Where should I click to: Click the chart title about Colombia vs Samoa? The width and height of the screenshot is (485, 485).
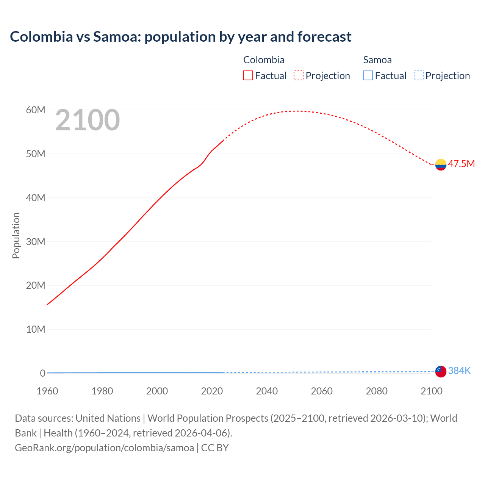point(181,37)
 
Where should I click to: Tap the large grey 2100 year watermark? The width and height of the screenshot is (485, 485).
point(88,120)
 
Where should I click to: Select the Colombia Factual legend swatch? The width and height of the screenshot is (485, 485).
point(248,75)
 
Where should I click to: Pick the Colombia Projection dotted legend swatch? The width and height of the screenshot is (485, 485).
point(298,75)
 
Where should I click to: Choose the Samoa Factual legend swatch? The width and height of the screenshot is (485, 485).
point(368,75)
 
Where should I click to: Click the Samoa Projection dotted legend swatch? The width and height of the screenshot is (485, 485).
point(418,75)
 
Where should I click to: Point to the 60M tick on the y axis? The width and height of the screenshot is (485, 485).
point(36,110)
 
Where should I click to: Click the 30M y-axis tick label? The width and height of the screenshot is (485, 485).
point(36,242)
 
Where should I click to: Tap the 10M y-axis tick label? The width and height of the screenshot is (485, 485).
point(36,329)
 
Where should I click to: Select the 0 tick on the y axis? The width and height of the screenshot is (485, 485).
point(42,373)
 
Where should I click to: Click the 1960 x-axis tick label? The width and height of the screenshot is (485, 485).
point(47,391)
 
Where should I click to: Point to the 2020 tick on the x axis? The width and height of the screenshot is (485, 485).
point(212,391)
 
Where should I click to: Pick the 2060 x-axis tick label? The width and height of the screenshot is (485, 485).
point(322,391)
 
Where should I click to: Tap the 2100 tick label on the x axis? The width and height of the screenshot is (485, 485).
point(431,391)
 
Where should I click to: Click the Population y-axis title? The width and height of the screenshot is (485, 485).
point(16,235)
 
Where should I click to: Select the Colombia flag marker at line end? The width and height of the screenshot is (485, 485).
point(441,164)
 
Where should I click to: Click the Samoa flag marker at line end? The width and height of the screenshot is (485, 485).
point(441,371)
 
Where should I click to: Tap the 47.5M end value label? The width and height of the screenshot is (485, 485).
point(461,164)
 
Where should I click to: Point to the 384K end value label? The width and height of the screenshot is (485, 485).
point(459,371)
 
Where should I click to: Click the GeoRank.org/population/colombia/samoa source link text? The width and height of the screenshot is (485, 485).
point(104,448)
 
